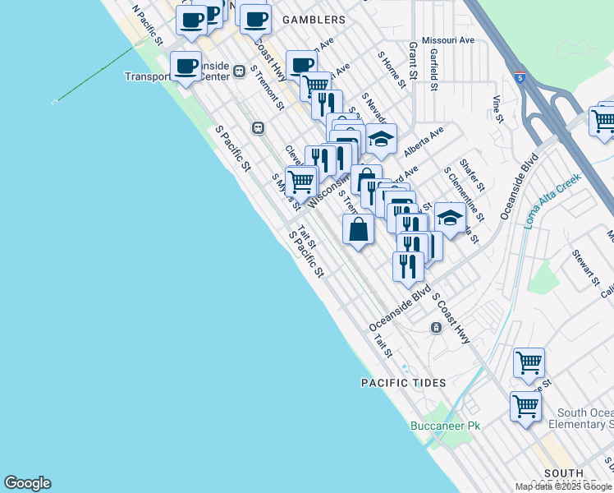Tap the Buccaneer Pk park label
(445, 426)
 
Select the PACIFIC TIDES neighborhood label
(404, 383)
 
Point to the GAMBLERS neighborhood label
(313, 18)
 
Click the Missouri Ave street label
(448, 39)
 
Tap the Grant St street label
(413, 62)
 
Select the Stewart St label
(586, 269)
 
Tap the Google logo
(27, 483)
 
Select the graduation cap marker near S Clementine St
(449, 218)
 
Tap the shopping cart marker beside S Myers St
(301, 181)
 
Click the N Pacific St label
(148, 26)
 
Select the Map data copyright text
(563, 486)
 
